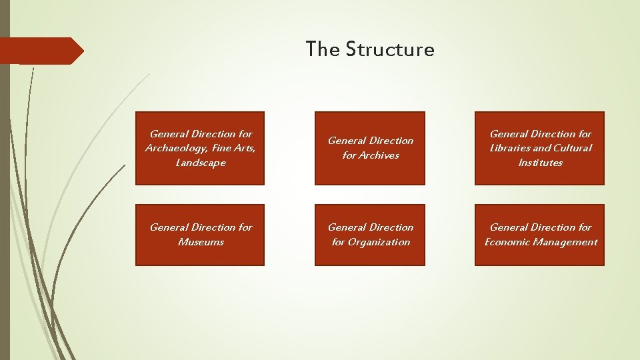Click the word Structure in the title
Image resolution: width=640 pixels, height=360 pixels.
(390, 49)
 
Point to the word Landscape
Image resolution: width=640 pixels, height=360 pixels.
(200, 163)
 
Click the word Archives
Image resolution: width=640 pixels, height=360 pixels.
(379, 155)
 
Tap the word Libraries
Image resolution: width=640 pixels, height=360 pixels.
(509, 148)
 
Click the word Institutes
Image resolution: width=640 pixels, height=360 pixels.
(540, 163)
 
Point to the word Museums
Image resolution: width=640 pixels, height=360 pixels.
(201, 242)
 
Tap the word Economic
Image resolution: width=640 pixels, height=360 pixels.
(507, 242)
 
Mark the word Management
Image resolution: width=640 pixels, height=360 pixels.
(565, 242)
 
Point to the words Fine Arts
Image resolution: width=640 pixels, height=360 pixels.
(232, 148)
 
